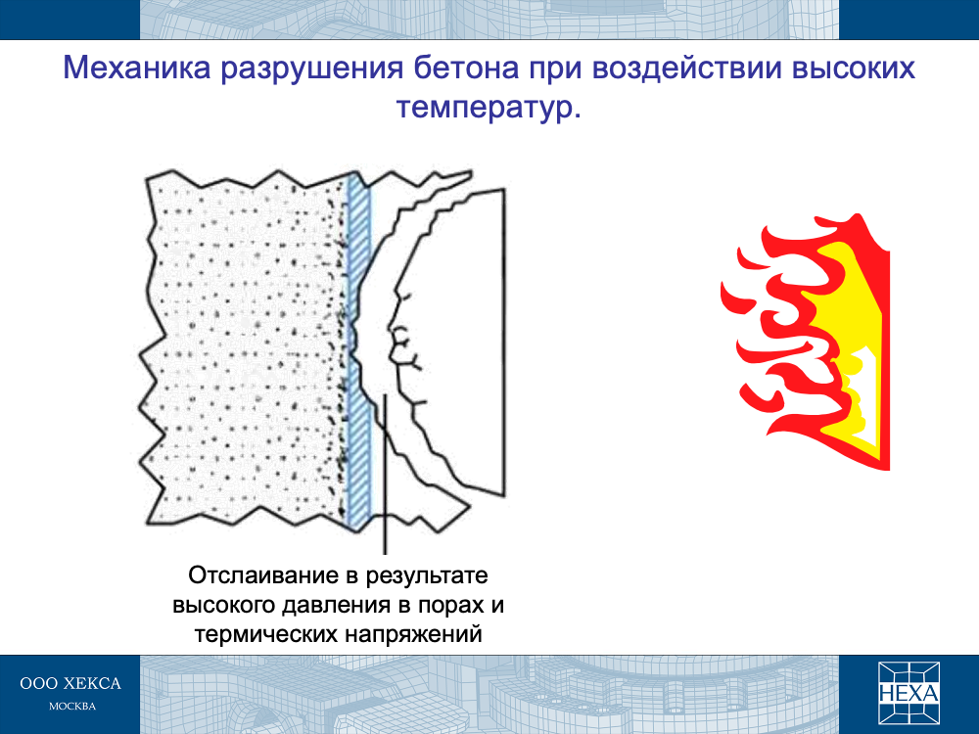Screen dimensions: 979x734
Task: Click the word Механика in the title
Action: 137,69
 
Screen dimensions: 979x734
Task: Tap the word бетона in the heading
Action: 467,69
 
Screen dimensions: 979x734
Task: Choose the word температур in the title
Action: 485,109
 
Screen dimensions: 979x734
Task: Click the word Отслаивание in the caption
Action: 262,574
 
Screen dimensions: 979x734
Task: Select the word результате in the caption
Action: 427,576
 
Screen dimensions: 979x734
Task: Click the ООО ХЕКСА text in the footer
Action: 70,683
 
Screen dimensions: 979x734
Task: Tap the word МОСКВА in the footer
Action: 72,707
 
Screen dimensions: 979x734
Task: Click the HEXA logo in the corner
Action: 909,693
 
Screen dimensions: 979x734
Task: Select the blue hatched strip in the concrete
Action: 358,350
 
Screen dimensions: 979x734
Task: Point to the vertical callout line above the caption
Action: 385,474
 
